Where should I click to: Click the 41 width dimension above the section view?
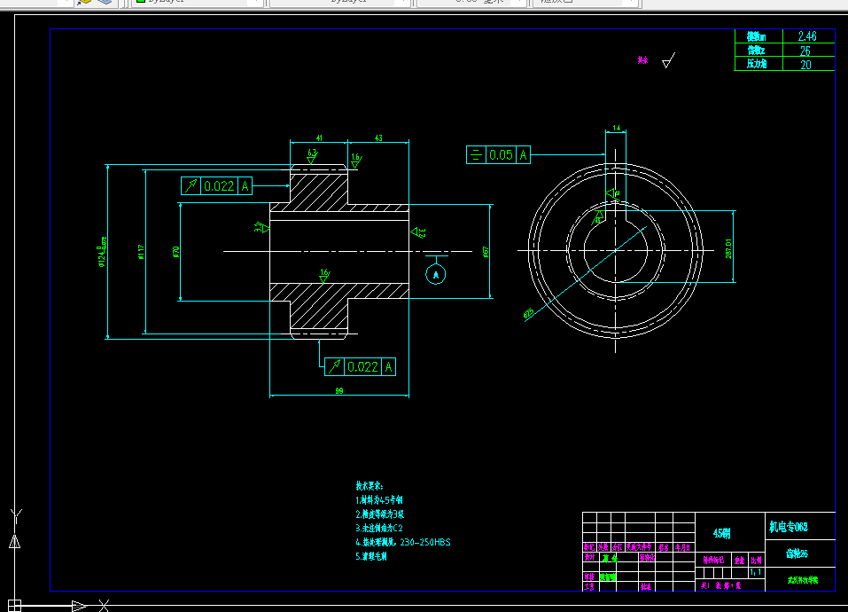[319, 138]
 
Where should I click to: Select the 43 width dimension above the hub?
[378, 138]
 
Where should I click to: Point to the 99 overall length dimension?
[339, 390]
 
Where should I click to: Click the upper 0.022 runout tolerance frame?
[217, 186]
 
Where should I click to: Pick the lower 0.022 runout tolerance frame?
[360, 366]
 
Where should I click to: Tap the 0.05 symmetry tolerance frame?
[498, 155]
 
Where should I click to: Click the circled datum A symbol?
[436, 275]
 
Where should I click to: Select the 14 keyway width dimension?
[616, 129]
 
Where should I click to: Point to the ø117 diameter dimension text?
[141, 253]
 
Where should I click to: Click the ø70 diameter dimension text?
[176, 252]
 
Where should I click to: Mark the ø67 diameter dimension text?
[486, 252]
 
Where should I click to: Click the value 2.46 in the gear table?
[806, 36]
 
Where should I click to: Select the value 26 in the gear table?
[805, 51]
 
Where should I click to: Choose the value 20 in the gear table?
[805, 64]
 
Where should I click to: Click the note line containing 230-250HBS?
[403, 542]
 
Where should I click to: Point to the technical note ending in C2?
[379, 528]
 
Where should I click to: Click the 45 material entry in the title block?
[722, 533]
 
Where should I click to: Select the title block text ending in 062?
[788, 527]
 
